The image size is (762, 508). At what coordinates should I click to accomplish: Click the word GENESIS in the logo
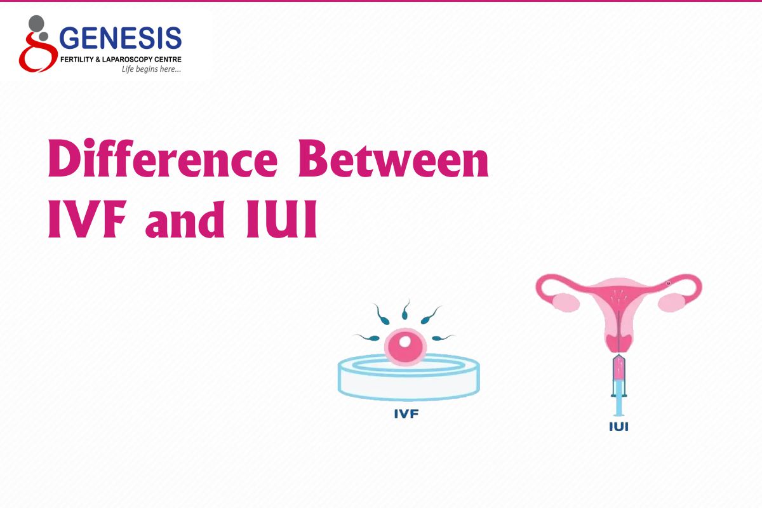tap(120, 39)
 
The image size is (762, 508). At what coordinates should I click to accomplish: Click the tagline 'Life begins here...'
tap(151, 69)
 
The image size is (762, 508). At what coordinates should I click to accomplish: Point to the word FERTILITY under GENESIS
tap(77, 59)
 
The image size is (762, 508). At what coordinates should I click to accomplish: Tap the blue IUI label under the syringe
tap(618, 427)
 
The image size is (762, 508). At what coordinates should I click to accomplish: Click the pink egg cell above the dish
tap(403, 346)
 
